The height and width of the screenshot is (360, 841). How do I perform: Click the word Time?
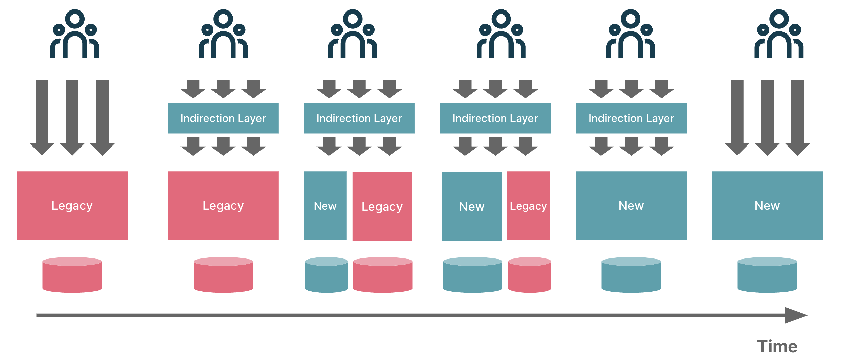777,347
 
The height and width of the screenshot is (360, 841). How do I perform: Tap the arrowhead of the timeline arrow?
795,315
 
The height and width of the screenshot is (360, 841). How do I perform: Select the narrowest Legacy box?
528,206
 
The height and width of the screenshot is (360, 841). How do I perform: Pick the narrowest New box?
325,206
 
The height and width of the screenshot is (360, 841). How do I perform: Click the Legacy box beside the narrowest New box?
382,206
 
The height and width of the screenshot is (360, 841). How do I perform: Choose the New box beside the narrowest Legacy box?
472,206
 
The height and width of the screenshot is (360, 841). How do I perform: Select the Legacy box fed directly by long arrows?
72,206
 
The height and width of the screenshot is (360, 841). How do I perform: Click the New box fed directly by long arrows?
767,206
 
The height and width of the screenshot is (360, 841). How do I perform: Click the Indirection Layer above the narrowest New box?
359,118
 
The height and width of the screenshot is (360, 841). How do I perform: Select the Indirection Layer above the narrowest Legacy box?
495,118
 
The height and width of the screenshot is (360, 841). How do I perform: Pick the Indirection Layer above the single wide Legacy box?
223,118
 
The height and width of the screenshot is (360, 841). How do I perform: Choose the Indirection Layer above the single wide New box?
631,118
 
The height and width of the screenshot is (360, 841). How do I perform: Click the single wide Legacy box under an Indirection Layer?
223,206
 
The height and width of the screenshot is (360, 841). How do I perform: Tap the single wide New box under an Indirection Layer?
631,206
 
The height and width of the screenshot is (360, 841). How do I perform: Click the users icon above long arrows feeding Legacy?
75,34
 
